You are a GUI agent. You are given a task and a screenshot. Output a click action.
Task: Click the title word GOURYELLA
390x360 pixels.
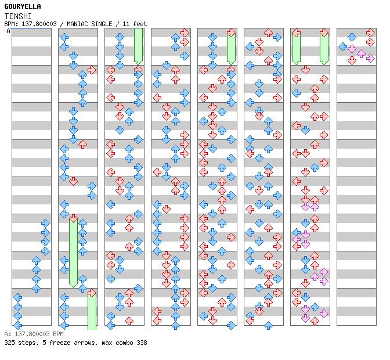pos(23,6)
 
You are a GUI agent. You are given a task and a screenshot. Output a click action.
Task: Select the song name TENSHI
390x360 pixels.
pos(18,16)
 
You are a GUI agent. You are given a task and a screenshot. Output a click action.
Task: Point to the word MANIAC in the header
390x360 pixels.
pos(77,24)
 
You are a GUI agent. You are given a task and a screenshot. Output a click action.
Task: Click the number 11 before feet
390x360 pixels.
pos(126,24)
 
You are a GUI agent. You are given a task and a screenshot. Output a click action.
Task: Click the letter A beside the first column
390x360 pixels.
pos(9,31)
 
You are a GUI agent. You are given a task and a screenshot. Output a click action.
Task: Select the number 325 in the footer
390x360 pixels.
pos(9,343)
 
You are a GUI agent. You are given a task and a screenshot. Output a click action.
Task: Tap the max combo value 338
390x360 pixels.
pos(142,343)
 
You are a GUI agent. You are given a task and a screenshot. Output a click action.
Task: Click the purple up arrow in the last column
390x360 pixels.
pos(361,53)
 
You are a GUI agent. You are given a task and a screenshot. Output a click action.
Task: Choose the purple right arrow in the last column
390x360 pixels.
pos(370,59)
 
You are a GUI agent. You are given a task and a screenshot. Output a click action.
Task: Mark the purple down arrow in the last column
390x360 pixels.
pos(352,49)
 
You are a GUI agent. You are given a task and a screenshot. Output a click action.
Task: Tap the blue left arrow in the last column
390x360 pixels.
pos(343,46)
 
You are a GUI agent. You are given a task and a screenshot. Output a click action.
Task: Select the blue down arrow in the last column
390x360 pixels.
pos(352,37)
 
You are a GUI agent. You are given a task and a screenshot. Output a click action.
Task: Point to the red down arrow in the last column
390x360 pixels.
pos(352,60)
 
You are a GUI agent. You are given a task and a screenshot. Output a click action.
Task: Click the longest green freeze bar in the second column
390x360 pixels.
pos(73,251)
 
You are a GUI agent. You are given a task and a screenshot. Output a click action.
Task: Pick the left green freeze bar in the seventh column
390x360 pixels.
pos(296,47)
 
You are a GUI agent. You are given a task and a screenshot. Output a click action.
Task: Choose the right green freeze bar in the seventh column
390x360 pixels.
pos(324,47)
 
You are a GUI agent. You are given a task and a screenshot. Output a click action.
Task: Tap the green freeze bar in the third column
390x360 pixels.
pos(138,46)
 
